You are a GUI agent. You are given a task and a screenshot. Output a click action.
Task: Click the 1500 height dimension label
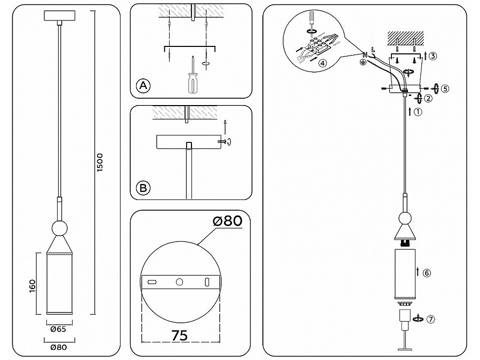click(100, 162)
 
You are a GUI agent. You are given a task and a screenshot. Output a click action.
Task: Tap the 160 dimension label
click(33, 286)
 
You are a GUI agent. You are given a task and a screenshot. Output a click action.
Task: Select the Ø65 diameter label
click(58, 330)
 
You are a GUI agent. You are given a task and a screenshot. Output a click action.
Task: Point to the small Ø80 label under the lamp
click(59, 347)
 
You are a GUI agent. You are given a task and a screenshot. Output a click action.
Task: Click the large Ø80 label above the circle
click(228, 220)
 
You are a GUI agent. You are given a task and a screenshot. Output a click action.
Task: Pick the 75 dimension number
click(180, 335)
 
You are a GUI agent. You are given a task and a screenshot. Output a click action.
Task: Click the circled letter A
click(143, 85)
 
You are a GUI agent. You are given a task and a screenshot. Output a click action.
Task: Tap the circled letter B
click(143, 188)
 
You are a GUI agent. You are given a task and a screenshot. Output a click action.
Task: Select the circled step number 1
click(418, 112)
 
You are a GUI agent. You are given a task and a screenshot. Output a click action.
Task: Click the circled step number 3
click(433, 56)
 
